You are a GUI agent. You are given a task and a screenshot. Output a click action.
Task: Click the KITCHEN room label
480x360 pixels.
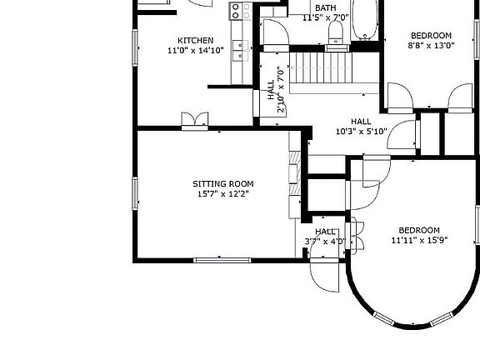(196, 40)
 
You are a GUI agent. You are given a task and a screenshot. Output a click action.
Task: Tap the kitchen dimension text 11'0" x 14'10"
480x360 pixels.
(196, 50)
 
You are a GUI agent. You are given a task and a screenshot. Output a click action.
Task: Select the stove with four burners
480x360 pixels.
(241, 10)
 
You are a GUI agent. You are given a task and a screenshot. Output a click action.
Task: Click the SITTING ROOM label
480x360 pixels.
(222, 184)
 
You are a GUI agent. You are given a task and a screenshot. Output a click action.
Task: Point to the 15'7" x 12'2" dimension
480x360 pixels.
(222, 194)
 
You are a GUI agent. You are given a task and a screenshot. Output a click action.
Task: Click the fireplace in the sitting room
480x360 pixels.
(294, 175)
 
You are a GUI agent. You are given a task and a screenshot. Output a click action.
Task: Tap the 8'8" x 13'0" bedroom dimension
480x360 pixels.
(431, 47)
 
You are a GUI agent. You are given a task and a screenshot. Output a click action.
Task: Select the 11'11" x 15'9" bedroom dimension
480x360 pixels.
(419, 241)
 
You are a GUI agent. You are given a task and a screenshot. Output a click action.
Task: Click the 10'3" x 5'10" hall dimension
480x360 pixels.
(361, 131)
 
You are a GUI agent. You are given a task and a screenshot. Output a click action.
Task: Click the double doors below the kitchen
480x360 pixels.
(195, 122)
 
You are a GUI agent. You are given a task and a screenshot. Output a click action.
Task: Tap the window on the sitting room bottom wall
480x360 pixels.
(222, 260)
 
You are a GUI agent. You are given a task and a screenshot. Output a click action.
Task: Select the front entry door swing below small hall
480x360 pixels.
(324, 273)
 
